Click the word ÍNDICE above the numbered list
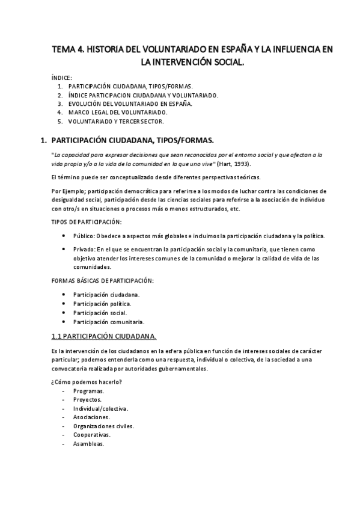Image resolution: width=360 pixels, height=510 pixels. pyautogui.click(x=62, y=78)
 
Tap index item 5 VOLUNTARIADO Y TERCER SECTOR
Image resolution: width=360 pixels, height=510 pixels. pyautogui.click(x=115, y=121)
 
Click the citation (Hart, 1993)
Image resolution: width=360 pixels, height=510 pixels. pyautogui.click(x=230, y=164)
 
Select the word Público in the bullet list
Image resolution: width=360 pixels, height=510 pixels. pyautogui.click(x=84, y=236)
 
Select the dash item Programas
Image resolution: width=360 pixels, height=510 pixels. pyautogui.click(x=88, y=391)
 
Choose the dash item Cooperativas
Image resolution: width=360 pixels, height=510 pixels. pyautogui.click(x=91, y=435)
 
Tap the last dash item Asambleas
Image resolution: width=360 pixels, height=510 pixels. pyautogui.click(x=88, y=444)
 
